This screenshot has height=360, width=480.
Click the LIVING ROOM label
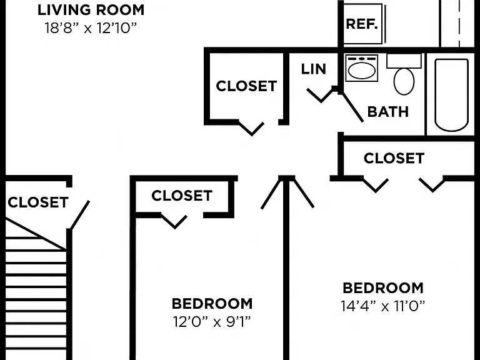pyautogui.click(x=91, y=10)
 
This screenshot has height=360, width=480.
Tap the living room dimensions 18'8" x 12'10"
pyautogui.click(x=90, y=28)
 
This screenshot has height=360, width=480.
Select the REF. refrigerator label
pyautogui.click(x=361, y=24)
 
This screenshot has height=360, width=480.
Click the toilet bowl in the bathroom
pyautogui.click(x=404, y=81)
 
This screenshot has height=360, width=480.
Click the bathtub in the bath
pyautogui.click(x=451, y=95)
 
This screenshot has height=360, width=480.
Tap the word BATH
pyautogui.click(x=388, y=112)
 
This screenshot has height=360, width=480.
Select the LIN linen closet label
pyautogui.click(x=314, y=69)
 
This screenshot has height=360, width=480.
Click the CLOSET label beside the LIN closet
pyautogui.click(x=246, y=86)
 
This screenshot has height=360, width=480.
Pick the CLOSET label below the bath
pyautogui.click(x=394, y=158)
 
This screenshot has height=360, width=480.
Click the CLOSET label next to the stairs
pyautogui.click(x=38, y=202)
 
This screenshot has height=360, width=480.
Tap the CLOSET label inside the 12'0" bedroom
pyautogui.click(x=182, y=196)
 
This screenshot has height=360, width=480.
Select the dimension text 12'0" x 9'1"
pyautogui.click(x=212, y=322)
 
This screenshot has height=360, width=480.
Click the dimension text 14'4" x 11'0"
pyautogui.click(x=383, y=306)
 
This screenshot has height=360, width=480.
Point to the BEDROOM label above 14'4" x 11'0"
pyautogui.click(x=383, y=288)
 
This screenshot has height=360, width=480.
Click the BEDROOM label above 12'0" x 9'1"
pyautogui.click(x=212, y=304)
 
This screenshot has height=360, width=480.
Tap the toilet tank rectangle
pyautogui.click(x=404, y=61)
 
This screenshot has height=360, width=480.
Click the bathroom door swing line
pyautogui.click(x=352, y=107)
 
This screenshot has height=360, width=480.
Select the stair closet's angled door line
pyautogui.click(x=80, y=215)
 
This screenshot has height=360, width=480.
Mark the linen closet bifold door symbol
pyautogui.click(x=320, y=95)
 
